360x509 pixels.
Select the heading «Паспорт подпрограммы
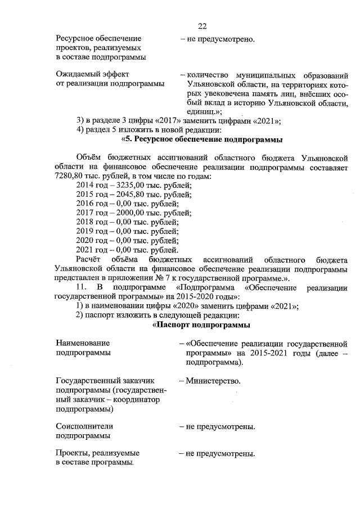(x=202, y=325)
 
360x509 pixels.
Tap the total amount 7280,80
(x=70, y=176)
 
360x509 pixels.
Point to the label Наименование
(x=83, y=343)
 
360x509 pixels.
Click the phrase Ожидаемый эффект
(x=92, y=74)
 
